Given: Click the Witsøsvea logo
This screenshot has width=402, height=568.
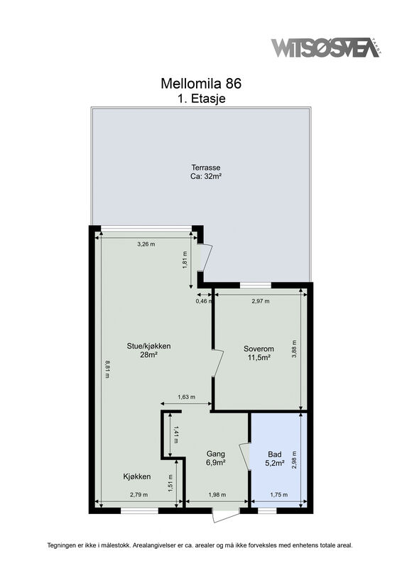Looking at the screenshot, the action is click(x=326, y=47).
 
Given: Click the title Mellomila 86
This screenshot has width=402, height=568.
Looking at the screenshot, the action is click(x=201, y=83).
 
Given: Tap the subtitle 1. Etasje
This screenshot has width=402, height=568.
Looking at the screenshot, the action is click(x=201, y=98).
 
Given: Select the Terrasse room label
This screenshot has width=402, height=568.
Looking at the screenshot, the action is click(x=206, y=168).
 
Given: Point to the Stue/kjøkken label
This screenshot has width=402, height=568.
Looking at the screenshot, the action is click(x=148, y=346).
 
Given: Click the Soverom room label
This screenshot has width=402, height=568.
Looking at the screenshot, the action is click(x=259, y=349).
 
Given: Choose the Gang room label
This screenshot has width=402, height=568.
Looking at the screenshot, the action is click(x=216, y=454).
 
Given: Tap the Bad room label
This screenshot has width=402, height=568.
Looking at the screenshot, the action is click(x=274, y=454).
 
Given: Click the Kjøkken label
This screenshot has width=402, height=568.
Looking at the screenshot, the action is click(x=136, y=476).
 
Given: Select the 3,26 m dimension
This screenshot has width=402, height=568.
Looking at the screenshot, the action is click(x=146, y=244).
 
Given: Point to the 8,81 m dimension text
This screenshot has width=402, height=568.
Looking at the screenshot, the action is click(x=107, y=368).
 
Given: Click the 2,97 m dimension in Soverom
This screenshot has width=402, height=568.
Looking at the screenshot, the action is click(x=260, y=301).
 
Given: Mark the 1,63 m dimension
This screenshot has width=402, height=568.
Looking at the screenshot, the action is click(x=186, y=397).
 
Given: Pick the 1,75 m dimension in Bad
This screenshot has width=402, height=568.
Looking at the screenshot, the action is click(x=278, y=495).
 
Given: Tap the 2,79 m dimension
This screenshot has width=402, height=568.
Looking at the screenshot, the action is click(x=138, y=495).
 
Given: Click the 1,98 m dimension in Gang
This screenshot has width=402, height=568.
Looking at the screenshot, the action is click(x=217, y=495).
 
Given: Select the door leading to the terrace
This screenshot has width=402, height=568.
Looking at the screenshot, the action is click(x=205, y=258).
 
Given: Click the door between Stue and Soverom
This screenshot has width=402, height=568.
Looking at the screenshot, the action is click(x=218, y=363).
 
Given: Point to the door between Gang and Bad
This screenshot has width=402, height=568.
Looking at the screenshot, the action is click(x=245, y=457).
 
